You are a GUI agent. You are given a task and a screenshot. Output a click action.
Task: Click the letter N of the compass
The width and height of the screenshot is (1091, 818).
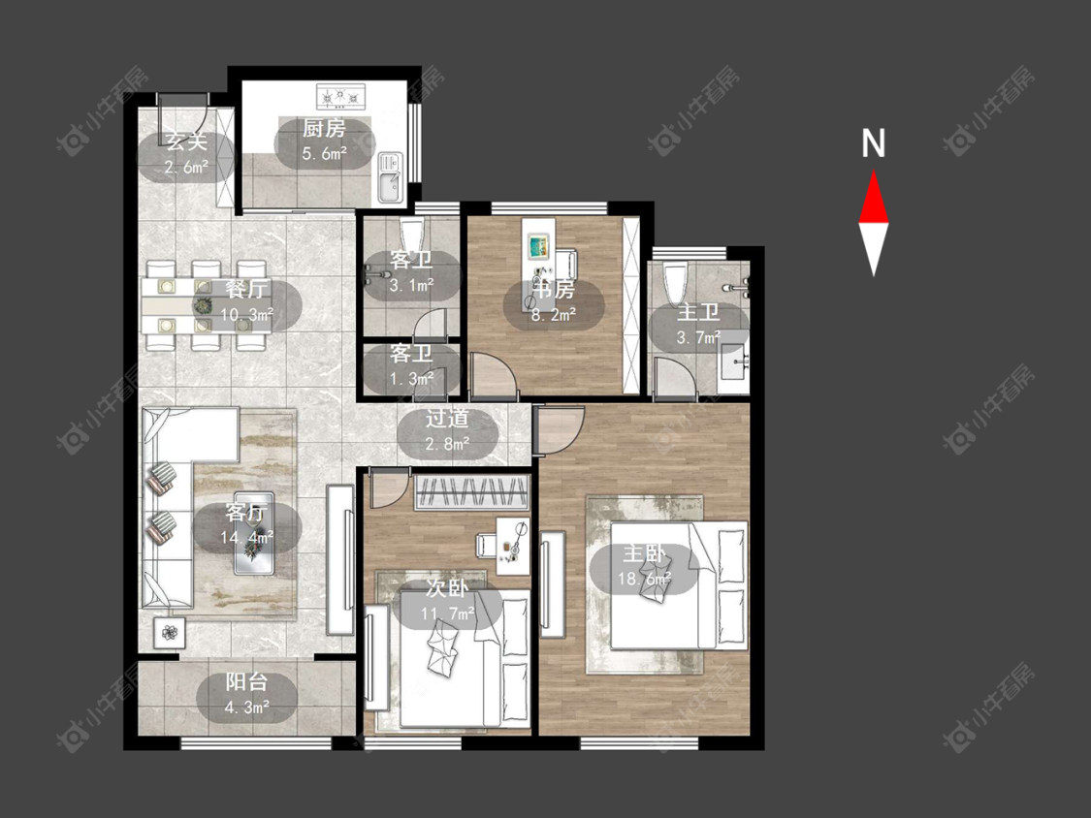(x=873, y=142)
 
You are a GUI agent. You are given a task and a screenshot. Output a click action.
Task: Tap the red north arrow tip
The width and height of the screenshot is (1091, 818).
(x=874, y=172)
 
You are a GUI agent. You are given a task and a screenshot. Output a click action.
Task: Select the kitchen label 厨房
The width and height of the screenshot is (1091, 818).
(x=324, y=129)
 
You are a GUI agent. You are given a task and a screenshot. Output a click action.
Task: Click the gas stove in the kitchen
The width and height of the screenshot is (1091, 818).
(x=341, y=97)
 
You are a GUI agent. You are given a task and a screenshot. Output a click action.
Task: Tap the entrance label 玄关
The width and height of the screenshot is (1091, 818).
(x=186, y=142)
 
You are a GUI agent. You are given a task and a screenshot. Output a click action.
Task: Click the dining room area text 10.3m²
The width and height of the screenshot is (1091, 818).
(x=246, y=315)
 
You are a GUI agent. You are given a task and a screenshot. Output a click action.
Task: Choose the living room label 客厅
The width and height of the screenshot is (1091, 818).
(x=246, y=514)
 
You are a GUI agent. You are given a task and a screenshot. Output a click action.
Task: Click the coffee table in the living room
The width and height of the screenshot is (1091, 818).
(x=254, y=533)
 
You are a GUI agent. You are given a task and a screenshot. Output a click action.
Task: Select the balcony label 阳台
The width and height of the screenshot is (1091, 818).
(x=246, y=682)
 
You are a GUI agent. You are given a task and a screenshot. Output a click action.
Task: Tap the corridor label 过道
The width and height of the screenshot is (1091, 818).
(x=447, y=419)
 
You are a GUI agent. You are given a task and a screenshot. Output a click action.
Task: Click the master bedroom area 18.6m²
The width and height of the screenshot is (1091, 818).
(x=644, y=579)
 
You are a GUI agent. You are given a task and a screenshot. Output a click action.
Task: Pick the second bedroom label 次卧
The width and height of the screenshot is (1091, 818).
(x=447, y=588)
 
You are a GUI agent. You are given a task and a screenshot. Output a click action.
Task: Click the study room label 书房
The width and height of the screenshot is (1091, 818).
(x=554, y=289)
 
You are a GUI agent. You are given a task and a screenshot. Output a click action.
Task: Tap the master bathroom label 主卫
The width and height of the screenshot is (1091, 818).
(x=698, y=312)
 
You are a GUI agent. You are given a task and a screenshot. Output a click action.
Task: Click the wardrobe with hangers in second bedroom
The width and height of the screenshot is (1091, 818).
(x=471, y=492)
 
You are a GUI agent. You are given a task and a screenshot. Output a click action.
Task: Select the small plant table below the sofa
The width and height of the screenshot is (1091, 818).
(x=170, y=633)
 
